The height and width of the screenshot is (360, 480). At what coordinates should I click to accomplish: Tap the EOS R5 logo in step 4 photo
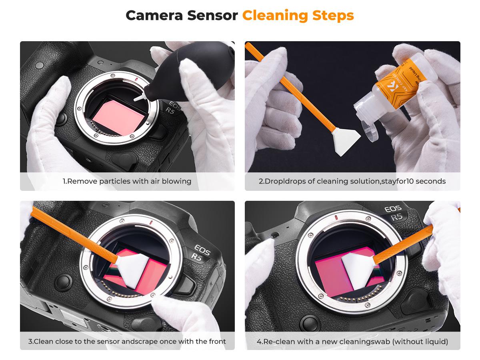[395, 213]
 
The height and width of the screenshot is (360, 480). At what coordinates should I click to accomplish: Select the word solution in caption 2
[362, 181]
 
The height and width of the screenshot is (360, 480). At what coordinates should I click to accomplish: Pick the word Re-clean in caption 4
[278, 342]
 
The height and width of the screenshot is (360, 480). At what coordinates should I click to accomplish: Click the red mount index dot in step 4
[337, 218]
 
